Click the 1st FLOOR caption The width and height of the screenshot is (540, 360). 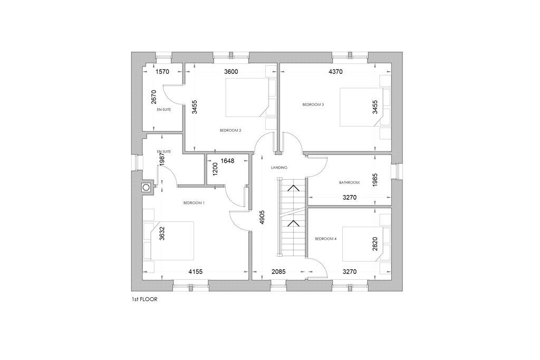tap(144, 299)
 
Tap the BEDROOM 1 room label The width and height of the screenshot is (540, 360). tap(194, 203)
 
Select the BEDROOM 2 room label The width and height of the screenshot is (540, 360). tap(230, 130)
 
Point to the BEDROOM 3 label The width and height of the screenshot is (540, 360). tap(313, 104)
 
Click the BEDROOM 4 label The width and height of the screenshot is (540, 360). tap(325, 239)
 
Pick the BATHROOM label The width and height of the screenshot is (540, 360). tap(349, 183)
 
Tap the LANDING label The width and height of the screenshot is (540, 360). tap(279, 168)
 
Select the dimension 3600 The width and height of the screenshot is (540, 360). tap(233, 72)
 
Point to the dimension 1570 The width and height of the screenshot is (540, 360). tap(162, 72)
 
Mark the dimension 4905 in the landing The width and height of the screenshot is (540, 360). tap(262, 218)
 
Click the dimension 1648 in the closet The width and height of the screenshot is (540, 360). tap(227, 160)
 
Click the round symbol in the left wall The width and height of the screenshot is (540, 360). tap(145, 187)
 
